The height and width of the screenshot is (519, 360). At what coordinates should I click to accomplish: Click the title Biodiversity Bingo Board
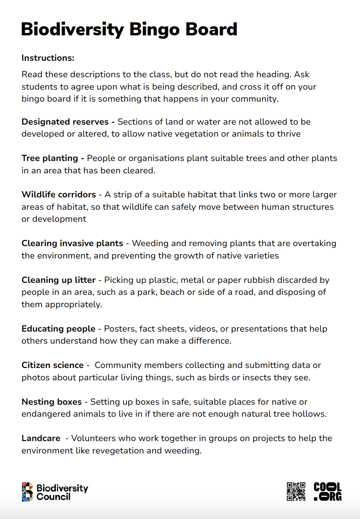click(129, 30)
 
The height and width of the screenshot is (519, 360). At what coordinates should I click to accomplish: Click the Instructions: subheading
click(48, 58)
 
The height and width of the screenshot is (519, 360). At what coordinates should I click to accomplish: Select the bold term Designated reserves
click(65, 122)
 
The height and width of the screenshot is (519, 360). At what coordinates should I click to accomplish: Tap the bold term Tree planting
click(50, 158)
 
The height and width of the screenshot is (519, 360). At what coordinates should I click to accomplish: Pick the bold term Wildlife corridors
click(59, 195)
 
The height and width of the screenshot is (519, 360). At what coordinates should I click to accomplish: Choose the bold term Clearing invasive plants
click(72, 243)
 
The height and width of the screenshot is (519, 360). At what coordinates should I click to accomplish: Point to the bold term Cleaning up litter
click(58, 280)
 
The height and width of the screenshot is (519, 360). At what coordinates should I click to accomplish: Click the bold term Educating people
click(58, 329)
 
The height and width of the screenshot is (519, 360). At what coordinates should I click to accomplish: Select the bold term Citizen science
click(53, 365)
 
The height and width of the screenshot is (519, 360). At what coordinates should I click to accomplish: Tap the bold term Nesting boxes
click(52, 402)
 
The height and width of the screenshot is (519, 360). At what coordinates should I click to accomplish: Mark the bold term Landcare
click(41, 438)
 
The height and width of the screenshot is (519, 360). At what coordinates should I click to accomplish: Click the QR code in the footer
click(296, 492)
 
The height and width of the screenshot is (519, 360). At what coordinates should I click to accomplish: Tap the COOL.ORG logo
click(327, 492)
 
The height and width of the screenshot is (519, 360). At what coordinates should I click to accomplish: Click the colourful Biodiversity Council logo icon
click(27, 492)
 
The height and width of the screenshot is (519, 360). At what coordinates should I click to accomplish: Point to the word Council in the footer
click(53, 497)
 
